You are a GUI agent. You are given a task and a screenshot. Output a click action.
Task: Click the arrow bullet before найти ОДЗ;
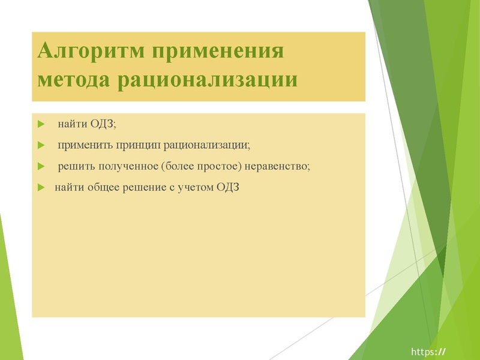pyautogui.click(x=41, y=124)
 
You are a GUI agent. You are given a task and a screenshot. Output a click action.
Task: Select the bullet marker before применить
pyautogui.click(x=41, y=145)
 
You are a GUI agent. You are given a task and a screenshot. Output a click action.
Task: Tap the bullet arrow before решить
pyautogui.click(x=41, y=166)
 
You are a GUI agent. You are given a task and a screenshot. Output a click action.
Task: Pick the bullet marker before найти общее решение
pyautogui.click(x=41, y=187)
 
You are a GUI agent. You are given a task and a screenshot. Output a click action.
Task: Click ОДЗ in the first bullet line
pyautogui.click(x=103, y=124)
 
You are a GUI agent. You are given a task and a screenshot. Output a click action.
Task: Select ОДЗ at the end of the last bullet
pyautogui.click(x=227, y=187)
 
